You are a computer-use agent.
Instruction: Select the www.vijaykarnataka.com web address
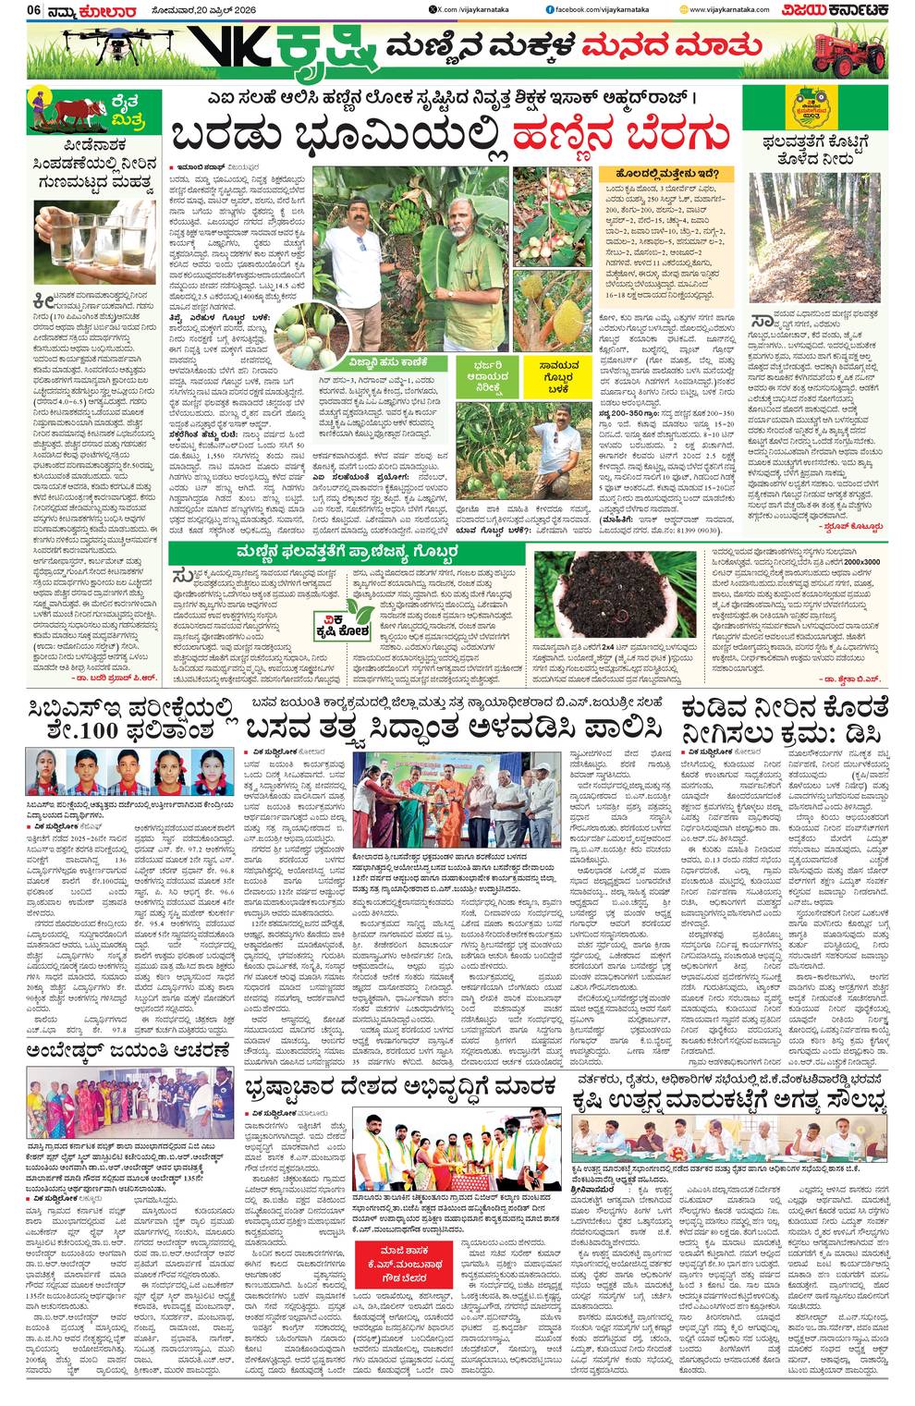point(739,9)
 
